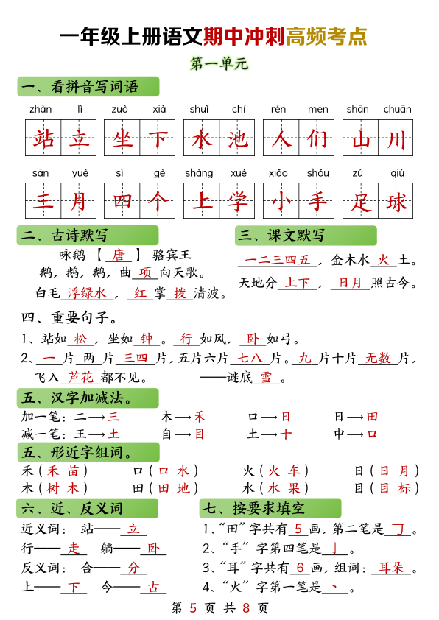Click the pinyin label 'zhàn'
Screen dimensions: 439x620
41,109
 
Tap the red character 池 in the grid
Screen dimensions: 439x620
238,138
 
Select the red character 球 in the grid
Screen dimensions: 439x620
397,202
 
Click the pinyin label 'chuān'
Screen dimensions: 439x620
398,109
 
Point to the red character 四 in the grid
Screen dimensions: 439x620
122,202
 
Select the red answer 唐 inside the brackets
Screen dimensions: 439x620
119,256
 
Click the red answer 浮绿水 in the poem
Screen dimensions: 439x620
87,293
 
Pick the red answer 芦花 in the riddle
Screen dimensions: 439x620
81,378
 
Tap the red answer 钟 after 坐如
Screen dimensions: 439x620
147,339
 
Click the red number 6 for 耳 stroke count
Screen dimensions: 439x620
301,568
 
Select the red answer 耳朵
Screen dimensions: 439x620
391,568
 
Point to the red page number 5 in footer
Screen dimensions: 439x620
193,607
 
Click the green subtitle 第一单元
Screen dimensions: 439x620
219,63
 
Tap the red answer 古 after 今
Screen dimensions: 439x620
153,588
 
